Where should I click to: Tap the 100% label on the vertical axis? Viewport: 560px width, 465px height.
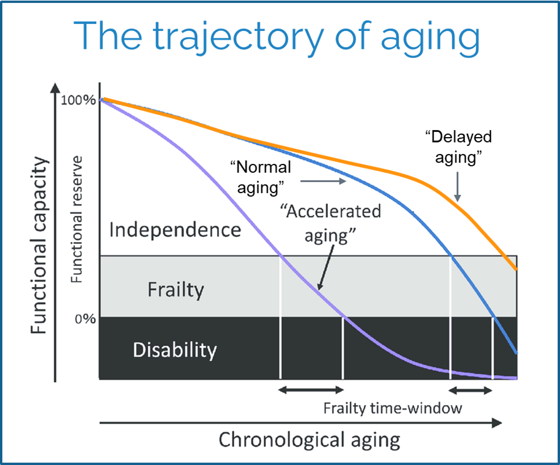pos(78,100)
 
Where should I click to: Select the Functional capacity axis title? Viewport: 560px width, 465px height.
pos(39,233)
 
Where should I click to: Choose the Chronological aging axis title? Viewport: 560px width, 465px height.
pos(309,439)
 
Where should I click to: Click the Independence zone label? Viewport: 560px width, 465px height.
pos(175,229)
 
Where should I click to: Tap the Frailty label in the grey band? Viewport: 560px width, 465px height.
pos(176,289)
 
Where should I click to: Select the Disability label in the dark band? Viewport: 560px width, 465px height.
pos(174,350)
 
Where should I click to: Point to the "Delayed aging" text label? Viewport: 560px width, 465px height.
pos(459,146)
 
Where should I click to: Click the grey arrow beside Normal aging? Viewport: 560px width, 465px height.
pos(324,181)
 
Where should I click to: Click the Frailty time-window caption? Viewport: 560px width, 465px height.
pos(393,408)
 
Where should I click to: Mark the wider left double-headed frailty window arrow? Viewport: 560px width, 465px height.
pos(311,390)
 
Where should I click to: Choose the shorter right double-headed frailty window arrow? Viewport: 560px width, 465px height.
pos(471,390)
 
